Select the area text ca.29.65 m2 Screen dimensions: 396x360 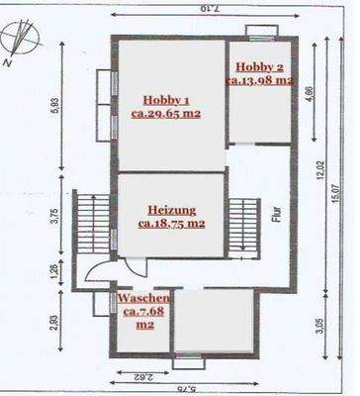point(166,114)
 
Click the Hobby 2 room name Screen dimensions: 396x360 point(260,65)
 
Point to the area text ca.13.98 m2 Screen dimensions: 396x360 point(261,79)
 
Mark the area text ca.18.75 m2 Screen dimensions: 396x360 point(171,224)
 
